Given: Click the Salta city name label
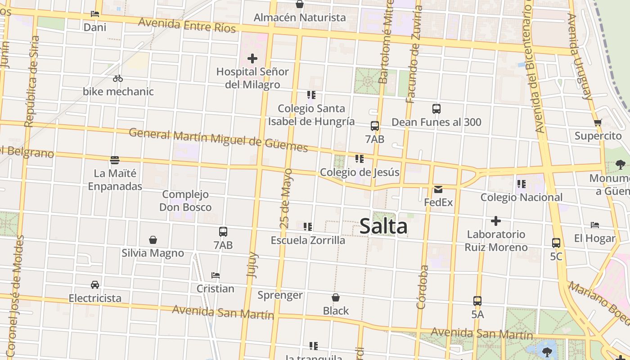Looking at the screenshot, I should tap(383, 226).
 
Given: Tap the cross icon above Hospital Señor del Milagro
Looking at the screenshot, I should tap(252, 58).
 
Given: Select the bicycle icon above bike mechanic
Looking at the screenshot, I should tap(118, 78).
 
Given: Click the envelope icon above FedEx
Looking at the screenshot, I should tap(438, 189).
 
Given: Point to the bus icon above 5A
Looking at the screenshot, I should tap(477, 301).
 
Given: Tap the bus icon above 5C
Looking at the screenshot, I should tap(556, 243).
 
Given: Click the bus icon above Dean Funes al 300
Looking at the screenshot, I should tap(436, 109).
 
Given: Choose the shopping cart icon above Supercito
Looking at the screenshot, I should tap(598, 122).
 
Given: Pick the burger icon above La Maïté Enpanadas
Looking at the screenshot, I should tap(115, 160).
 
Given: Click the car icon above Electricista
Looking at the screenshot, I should tap(95, 285).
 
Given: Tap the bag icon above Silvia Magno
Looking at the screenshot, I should tap(153, 240).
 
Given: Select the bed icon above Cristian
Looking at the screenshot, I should tap(216, 275).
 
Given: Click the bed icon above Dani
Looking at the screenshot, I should tap(95, 14).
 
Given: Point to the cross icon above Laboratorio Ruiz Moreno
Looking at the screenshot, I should tap(495, 221).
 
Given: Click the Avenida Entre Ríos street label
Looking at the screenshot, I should tap(187, 25).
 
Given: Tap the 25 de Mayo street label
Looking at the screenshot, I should tap(286, 198).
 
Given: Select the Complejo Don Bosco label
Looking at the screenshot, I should tap(185, 201).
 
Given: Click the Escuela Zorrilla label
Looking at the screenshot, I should tap(308, 240).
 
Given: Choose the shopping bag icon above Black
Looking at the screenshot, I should tap(336, 297).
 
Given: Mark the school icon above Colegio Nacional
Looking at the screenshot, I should tap(522, 184).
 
